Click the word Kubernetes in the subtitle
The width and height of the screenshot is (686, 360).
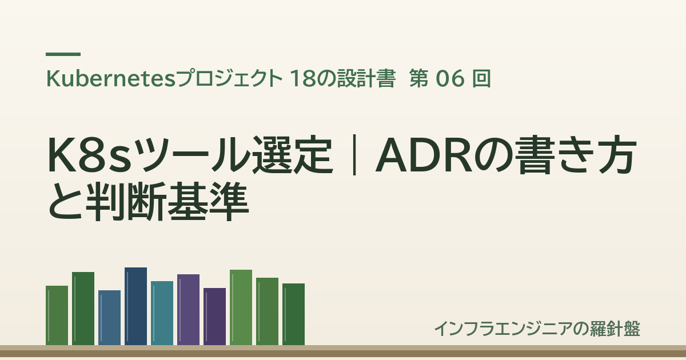[110, 79]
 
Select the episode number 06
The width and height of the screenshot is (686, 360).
[450, 79]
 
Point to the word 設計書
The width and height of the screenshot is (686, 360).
[366, 79]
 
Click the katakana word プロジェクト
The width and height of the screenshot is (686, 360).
[229, 79]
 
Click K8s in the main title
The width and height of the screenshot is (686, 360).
[90, 155]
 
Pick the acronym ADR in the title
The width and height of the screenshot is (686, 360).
[424, 155]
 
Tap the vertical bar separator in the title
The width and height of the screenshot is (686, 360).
[354, 155]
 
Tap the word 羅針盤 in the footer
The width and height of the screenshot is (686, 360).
[615, 329]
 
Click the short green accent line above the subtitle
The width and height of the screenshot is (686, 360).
[63, 54]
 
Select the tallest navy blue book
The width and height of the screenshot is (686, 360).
[135, 306]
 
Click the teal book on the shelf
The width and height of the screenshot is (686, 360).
[162, 313]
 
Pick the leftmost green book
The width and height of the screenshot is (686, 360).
[57, 315]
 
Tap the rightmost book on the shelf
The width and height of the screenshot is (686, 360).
[293, 314]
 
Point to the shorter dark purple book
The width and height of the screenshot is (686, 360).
[215, 317]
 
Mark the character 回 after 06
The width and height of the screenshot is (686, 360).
[482, 79]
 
